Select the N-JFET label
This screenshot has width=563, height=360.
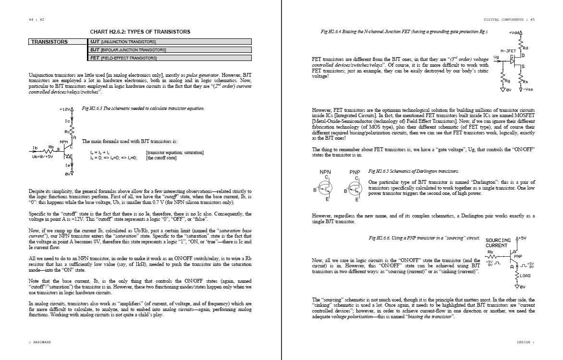[x=508, y=50]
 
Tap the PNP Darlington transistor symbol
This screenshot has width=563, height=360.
[x=355, y=189]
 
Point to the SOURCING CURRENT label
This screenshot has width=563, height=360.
[x=497, y=242]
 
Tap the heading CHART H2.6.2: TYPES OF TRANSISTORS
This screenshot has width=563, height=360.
[x=140, y=32]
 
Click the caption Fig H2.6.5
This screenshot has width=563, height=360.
[x=413, y=171]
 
